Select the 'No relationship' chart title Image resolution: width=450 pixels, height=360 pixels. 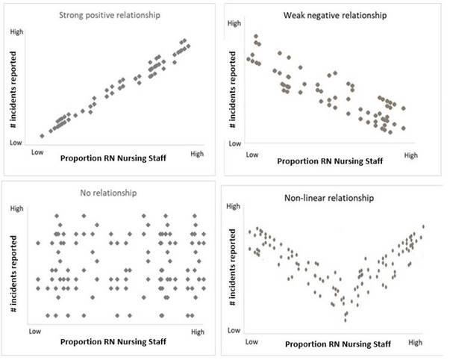(109, 193)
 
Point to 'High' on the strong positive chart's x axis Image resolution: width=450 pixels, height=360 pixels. (196, 154)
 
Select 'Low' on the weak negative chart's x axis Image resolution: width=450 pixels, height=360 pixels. (251, 155)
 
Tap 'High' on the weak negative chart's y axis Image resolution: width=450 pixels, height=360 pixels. (234, 24)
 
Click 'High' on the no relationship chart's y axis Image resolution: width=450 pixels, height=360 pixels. (16, 209)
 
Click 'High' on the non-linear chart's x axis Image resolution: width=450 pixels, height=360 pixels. (416, 341)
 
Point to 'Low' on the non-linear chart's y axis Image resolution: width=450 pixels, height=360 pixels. (233, 329)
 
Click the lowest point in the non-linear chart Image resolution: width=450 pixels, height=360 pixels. (346, 320)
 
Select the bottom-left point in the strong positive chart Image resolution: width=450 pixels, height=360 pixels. (42, 136)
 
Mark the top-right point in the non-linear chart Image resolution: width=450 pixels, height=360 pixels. (423, 226)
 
